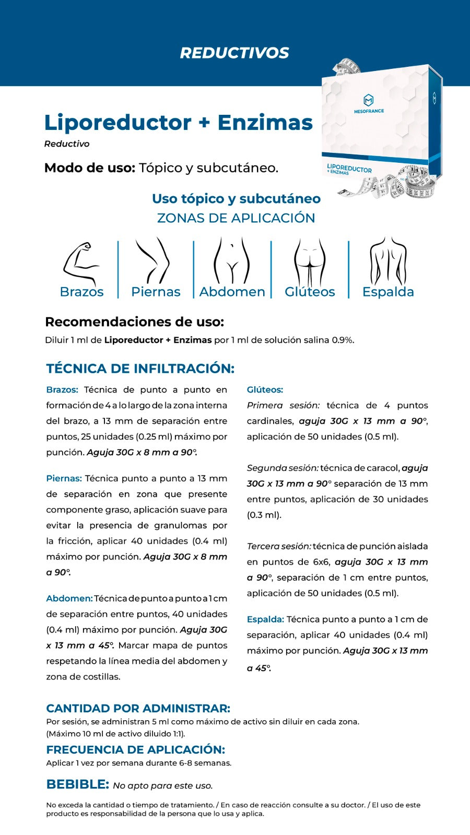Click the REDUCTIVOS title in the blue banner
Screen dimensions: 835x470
[x=234, y=53]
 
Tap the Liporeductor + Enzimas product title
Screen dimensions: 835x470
[x=178, y=123]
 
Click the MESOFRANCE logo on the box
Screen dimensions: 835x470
[x=369, y=103]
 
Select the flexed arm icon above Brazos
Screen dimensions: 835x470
[x=81, y=263]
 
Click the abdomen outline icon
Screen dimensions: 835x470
[x=232, y=260]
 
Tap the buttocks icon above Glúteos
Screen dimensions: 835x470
[x=310, y=261]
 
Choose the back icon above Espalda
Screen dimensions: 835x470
[x=388, y=260]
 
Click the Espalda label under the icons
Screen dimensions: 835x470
[x=388, y=292]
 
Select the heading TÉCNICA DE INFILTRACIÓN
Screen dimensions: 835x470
[x=140, y=368]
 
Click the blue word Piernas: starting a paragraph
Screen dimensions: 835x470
[x=64, y=479]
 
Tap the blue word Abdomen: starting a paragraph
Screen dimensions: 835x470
[x=69, y=599]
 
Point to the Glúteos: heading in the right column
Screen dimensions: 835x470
[x=265, y=390]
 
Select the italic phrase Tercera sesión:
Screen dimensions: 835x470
[x=279, y=546]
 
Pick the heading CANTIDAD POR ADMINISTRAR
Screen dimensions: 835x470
[x=138, y=709]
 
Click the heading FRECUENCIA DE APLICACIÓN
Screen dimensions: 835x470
[x=135, y=750]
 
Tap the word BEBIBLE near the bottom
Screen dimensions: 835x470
[x=77, y=784]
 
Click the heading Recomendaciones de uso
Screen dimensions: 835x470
[x=134, y=322]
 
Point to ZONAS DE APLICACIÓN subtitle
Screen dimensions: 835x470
[x=236, y=218]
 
